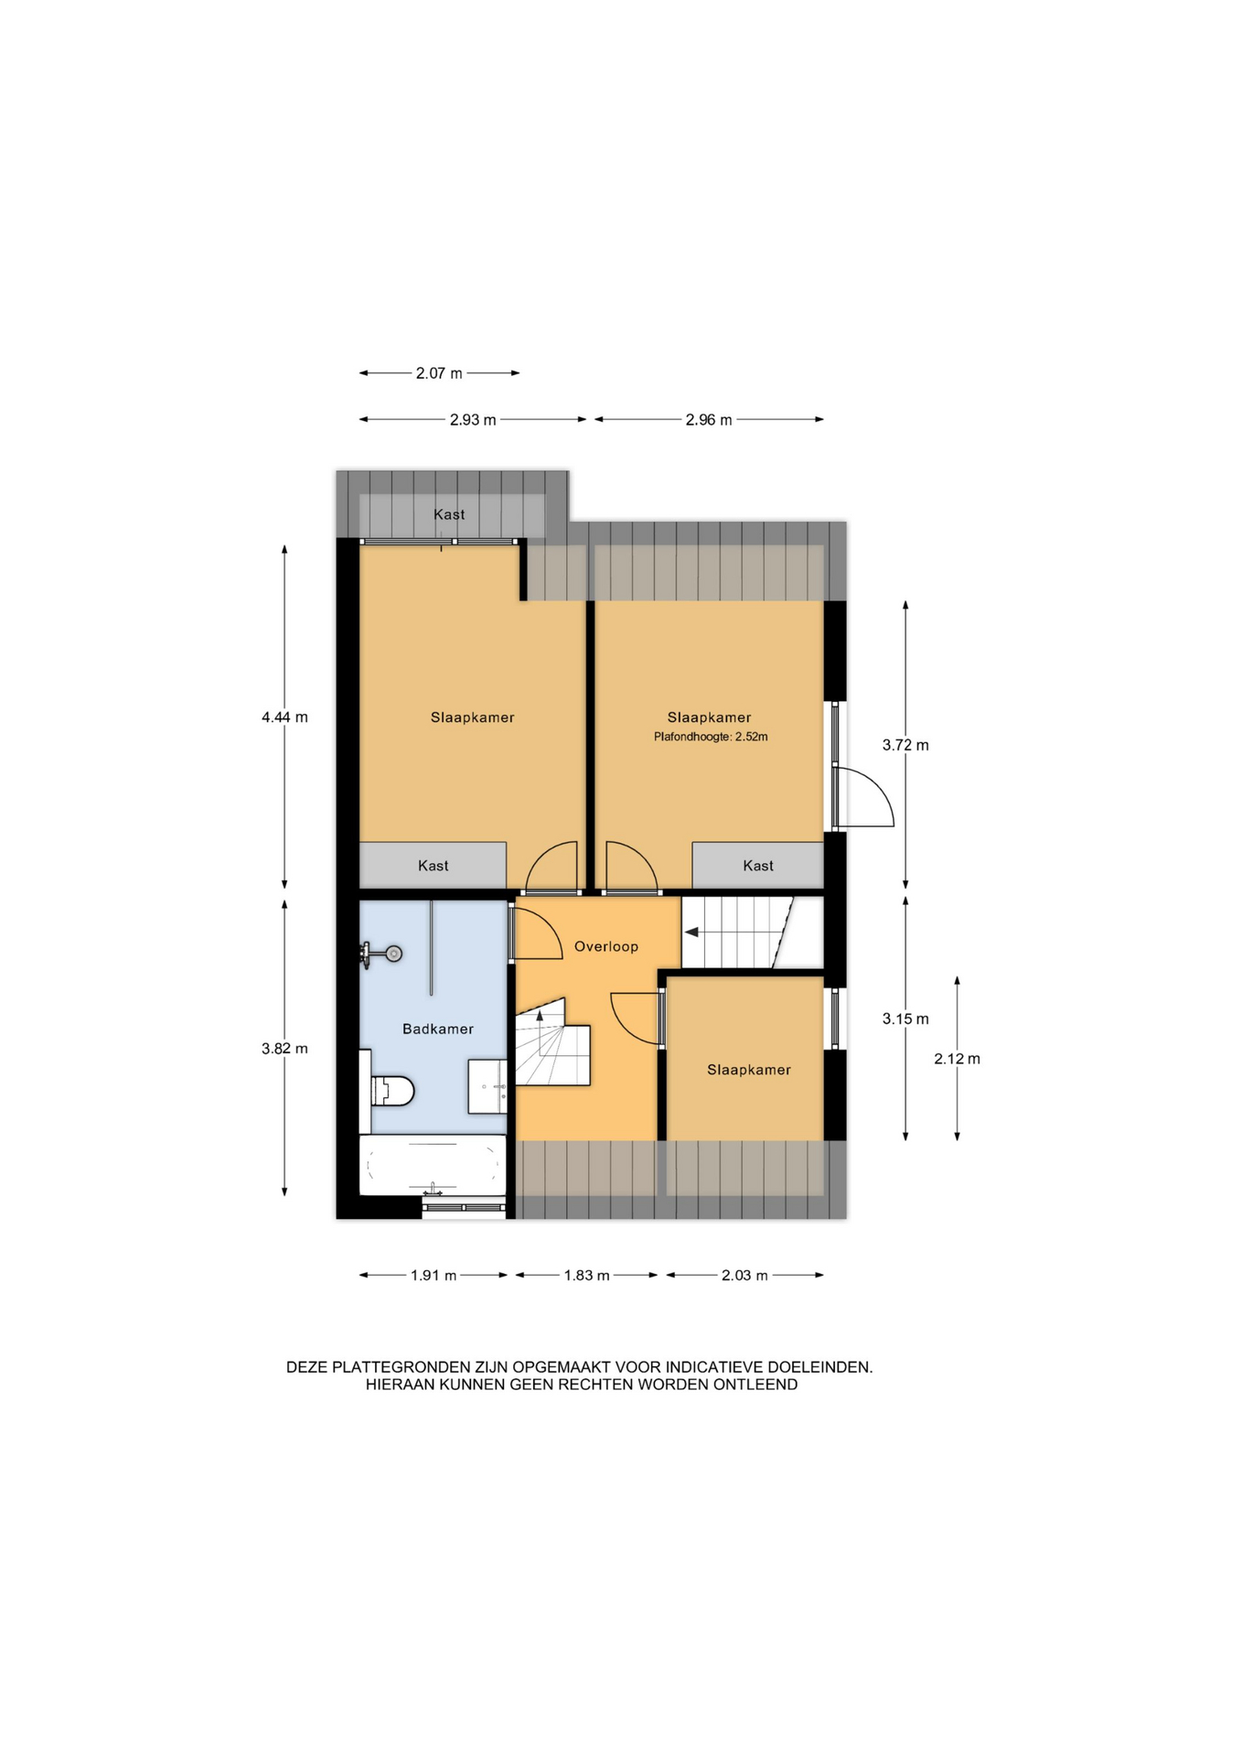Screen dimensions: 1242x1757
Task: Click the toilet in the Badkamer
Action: coord(391,1090)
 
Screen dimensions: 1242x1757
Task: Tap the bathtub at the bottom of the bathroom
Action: coord(432,1165)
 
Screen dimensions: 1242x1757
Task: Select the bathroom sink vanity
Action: coord(487,1086)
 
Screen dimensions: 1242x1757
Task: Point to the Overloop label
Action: coord(606,946)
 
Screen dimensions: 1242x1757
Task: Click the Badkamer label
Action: coord(438,1029)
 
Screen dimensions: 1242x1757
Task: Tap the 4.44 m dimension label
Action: coord(284,717)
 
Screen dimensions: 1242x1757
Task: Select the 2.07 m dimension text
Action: coord(439,373)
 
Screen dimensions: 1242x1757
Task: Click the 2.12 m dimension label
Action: coord(957,1059)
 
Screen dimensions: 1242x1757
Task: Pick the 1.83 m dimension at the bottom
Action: coord(586,1275)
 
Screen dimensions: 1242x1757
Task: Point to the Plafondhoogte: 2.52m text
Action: coord(711,737)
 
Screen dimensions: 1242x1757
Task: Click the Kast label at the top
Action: coord(449,514)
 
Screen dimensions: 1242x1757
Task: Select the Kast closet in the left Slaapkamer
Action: coord(433,865)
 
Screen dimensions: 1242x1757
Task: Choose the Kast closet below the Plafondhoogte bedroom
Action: coord(758,865)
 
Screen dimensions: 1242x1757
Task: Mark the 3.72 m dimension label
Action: coord(905,745)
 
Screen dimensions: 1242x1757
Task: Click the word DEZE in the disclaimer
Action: coord(307,1367)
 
